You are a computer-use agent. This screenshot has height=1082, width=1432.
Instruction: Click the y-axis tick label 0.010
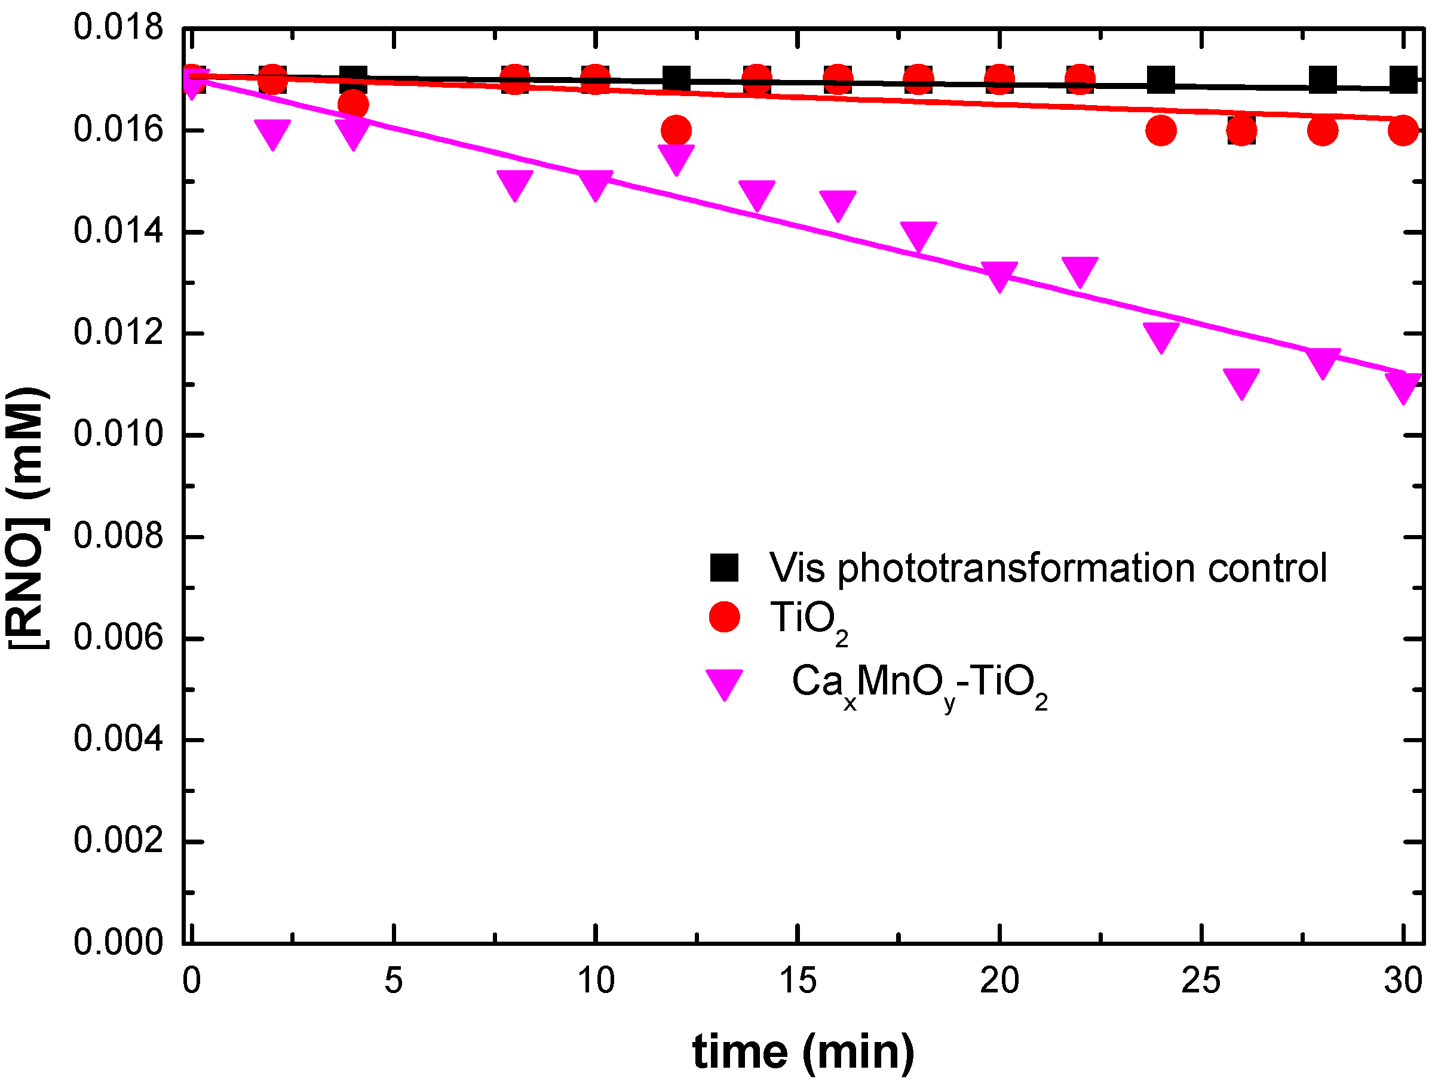coord(118,434)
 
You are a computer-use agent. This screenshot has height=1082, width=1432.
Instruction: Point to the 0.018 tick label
coord(118,28)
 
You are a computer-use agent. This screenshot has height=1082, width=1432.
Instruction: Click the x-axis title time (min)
coord(803,1052)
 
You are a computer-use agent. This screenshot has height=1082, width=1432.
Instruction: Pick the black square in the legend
coord(724,567)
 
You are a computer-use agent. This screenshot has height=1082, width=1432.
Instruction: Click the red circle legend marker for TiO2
coord(724,617)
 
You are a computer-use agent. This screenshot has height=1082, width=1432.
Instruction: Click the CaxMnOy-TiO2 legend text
coord(919,683)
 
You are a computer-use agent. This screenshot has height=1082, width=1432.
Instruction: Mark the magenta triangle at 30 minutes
coord(1403,386)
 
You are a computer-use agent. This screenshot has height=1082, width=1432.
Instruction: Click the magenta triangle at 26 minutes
coord(1241,382)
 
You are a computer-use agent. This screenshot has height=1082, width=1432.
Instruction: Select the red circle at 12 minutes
coord(676,131)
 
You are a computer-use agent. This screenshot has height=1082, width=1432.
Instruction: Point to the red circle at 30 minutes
coord(1403,131)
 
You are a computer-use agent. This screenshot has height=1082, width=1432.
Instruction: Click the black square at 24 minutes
coord(1160,80)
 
